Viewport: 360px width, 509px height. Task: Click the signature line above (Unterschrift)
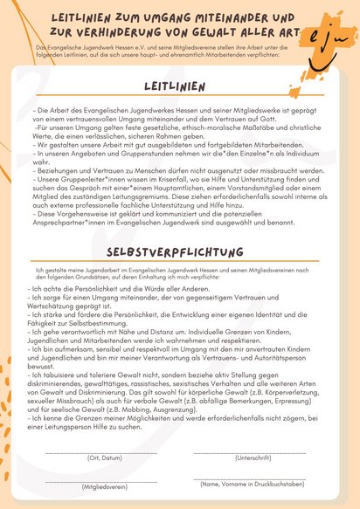click(253, 451)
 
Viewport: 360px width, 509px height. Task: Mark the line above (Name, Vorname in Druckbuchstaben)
click(253, 477)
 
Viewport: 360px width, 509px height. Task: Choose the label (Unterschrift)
click(253, 458)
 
